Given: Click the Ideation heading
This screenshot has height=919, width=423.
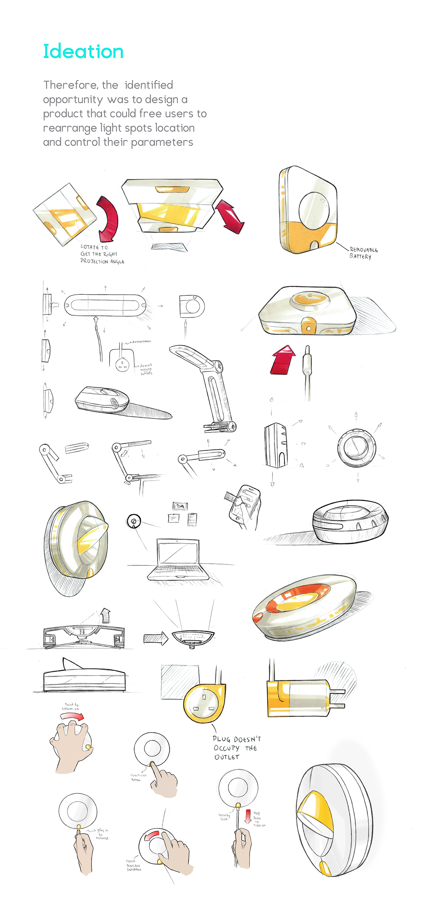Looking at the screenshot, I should [x=83, y=52].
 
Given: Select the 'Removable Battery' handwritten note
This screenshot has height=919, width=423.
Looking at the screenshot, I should [x=363, y=253].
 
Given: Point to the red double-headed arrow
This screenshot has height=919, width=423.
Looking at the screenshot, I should [x=229, y=216].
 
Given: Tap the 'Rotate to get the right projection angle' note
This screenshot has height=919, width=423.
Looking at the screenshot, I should [x=102, y=254].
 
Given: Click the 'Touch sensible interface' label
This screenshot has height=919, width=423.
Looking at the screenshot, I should [x=134, y=865].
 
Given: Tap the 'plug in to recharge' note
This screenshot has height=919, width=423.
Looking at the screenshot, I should [x=102, y=834].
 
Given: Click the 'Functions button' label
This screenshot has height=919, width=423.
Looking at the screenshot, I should [x=138, y=777].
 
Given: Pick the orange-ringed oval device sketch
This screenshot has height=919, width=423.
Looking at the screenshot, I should [x=304, y=606].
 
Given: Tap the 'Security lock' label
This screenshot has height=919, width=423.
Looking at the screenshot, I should [x=223, y=817].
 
